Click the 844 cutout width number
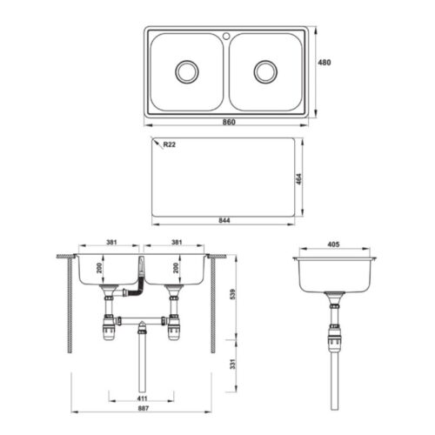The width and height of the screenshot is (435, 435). tap(225, 219)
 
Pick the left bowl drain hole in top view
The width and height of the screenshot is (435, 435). tap(187, 71)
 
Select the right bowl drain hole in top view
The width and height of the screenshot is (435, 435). tap(265, 71)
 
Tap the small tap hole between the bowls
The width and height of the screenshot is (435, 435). tap(225, 37)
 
